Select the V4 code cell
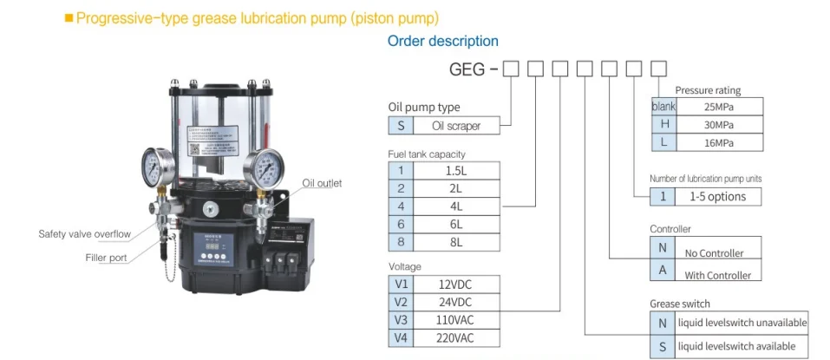(x=401, y=337)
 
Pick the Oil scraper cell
(x=456, y=125)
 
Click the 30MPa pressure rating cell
(x=719, y=124)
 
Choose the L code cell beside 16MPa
(x=663, y=142)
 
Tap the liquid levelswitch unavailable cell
(x=742, y=323)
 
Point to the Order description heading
(x=442, y=41)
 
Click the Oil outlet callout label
(x=322, y=183)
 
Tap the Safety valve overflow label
(x=84, y=234)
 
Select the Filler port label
(x=106, y=258)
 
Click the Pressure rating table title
(x=708, y=90)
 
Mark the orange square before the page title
(x=69, y=17)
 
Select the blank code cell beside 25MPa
(x=663, y=106)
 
